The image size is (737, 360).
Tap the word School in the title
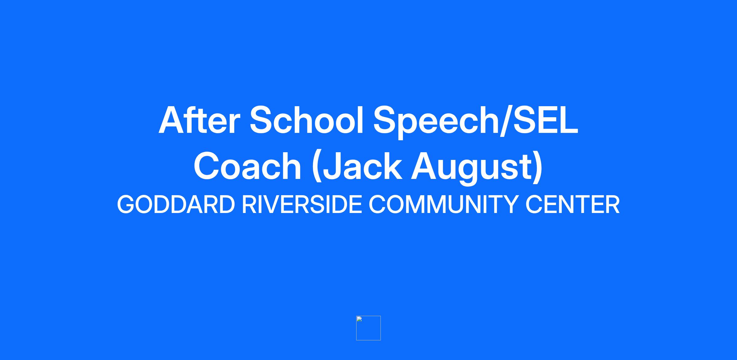click(x=307, y=120)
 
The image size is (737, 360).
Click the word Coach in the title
click(x=247, y=166)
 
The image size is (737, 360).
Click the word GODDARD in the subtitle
click(x=176, y=204)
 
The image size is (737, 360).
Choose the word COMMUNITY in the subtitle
click(x=444, y=204)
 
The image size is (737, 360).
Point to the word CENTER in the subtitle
click(x=572, y=204)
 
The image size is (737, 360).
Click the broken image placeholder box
click(x=368, y=328)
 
